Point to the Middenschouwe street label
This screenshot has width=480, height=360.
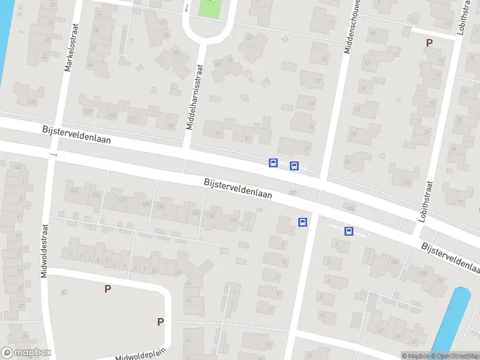pos(353,26)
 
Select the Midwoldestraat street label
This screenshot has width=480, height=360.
pos(44,250)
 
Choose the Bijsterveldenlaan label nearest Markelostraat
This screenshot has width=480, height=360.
pos(76,137)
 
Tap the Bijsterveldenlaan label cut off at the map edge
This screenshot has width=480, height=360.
pos(450,256)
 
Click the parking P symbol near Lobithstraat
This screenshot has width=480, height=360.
pos(428,43)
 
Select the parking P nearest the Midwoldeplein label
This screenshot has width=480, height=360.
pos(160,322)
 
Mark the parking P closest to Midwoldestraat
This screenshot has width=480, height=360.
pos(107,289)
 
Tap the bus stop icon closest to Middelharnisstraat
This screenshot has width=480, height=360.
pos(273,163)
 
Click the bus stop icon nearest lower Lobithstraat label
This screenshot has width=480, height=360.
pos(349,231)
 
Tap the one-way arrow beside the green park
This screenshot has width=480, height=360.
pos(187,8)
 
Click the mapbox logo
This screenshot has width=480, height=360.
pos(26,353)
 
